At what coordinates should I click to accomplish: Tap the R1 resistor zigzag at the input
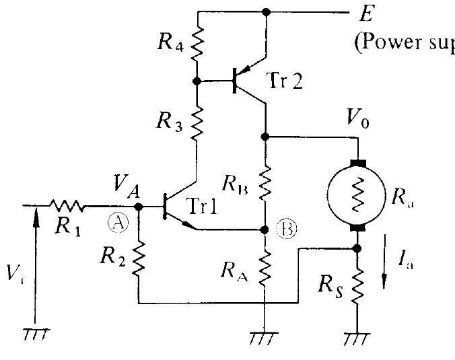(67, 206)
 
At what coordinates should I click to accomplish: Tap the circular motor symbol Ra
(357, 195)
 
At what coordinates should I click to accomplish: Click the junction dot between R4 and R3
(198, 81)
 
